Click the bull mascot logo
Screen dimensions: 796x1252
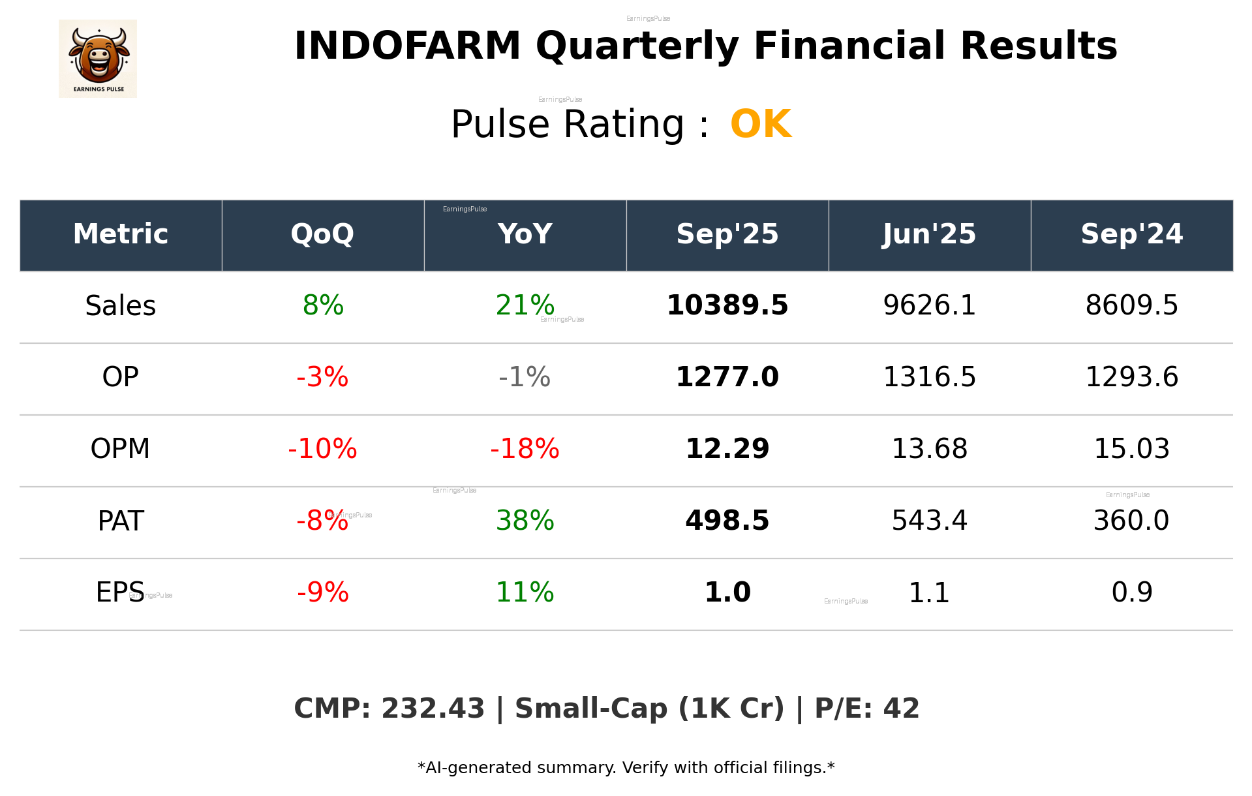[x=98, y=58]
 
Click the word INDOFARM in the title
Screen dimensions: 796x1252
[x=407, y=46]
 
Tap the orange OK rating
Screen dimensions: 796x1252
[x=761, y=124]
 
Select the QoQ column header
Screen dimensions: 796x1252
[x=322, y=234]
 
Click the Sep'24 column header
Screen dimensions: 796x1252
[x=1131, y=234]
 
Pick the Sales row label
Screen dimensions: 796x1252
[x=121, y=306]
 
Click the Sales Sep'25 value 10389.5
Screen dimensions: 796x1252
[x=727, y=306]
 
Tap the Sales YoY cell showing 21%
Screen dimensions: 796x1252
[x=525, y=306]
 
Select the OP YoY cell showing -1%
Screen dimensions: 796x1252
[x=525, y=378]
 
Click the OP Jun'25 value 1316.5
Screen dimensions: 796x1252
[x=929, y=378]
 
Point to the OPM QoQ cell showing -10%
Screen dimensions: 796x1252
[x=322, y=450]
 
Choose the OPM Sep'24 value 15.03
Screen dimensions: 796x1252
[x=1131, y=450]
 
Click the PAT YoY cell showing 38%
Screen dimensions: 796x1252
[x=525, y=521]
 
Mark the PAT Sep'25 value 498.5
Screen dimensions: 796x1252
[x=727, y=521]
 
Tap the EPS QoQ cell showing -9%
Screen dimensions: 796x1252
[x=322, y=593]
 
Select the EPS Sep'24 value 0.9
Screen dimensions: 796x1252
[x=1131, y=593]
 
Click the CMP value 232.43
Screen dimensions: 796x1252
[x=433, y=709]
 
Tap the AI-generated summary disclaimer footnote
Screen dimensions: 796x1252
[x=626, y=768]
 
